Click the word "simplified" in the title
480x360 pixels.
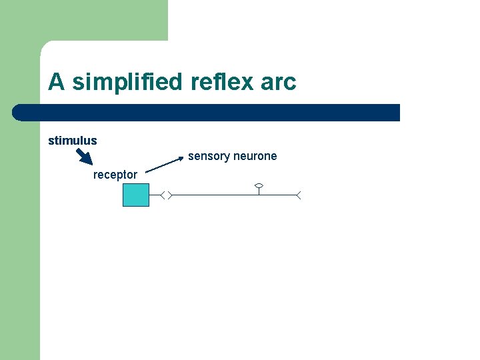pos(127,83)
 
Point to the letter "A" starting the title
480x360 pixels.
pos(56,83)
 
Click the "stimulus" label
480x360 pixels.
pos(72,141)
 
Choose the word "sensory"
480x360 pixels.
pos(208,156)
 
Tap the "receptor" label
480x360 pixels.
pos(115,175)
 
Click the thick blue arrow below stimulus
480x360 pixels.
pos(84,156)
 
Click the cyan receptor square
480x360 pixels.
pos(136,195)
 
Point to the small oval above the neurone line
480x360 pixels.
pos(259,185)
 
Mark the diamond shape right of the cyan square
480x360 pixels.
pos(167,195)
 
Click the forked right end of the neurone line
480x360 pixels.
pos(299,195)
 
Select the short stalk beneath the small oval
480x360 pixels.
pos(259,191)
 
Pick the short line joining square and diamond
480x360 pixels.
pos(155,195)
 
